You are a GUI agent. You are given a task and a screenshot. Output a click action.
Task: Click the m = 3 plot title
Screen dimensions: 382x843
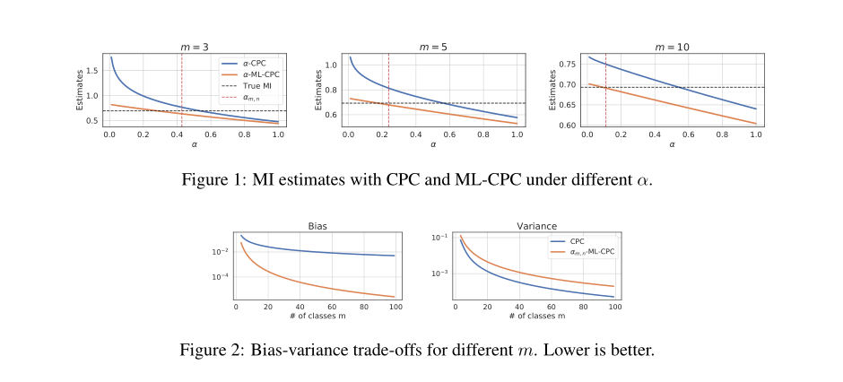tap(194, 47)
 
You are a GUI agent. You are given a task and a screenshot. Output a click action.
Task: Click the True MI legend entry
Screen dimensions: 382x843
tap(256, 86)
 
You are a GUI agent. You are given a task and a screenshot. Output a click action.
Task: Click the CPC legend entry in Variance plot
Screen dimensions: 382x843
tap(579, 241)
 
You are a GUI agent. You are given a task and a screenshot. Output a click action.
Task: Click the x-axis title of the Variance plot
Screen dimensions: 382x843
tap(535, 317)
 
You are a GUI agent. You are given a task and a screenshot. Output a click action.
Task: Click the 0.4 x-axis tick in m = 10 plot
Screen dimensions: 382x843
tap(655, 134)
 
